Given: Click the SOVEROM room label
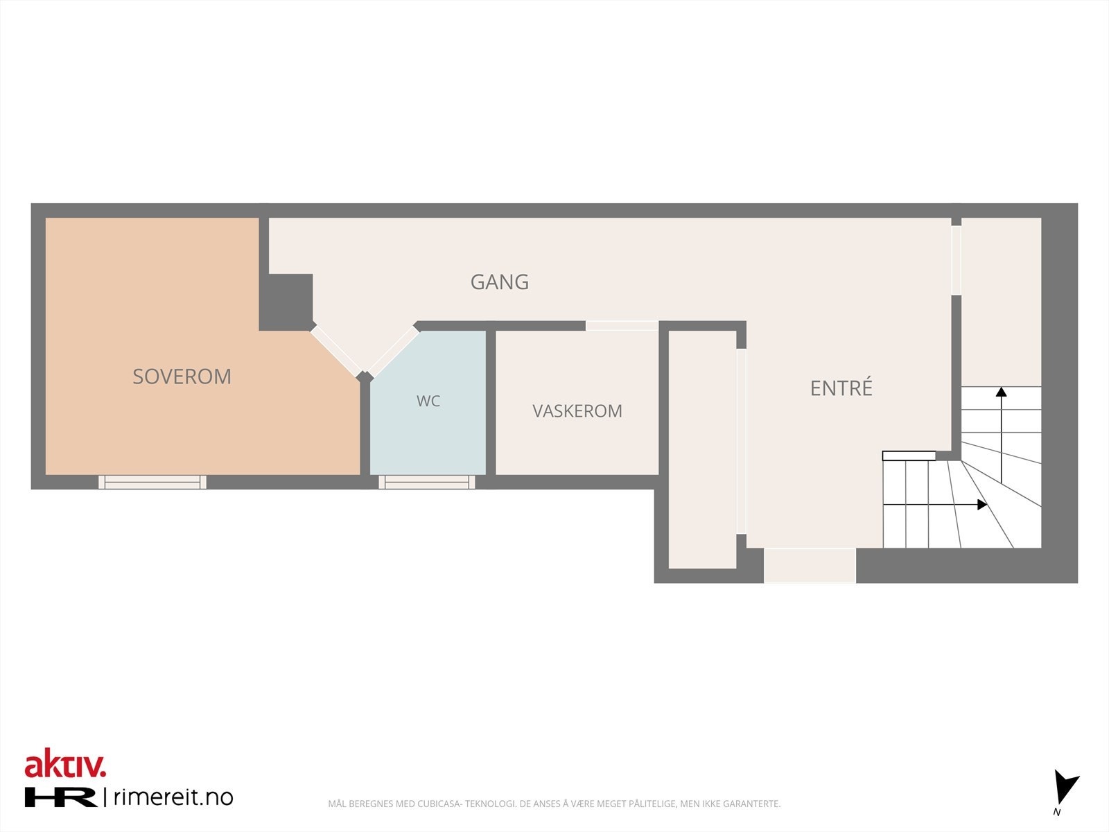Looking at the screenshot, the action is pos(182,376).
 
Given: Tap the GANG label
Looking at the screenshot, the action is pos(500,282).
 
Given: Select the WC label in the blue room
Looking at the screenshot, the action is pos(428,401).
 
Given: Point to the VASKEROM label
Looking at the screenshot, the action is pos(577,410).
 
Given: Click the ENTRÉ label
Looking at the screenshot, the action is pos(841,387).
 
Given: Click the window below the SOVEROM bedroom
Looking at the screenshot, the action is pos(152,482).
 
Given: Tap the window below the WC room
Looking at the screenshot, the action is pos(427,482).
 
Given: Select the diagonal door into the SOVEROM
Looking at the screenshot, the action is pos(335,351).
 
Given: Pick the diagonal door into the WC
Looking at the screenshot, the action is pos(393,351).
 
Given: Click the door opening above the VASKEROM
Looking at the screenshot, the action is pos(622,325).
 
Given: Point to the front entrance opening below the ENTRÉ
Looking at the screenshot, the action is pos(810,565).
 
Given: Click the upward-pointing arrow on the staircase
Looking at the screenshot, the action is pos(1001,435).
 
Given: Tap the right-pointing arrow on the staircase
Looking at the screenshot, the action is pos(935,504).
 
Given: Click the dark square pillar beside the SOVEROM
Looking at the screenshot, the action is pos(286,302).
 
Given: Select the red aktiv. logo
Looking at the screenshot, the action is pos(65,764).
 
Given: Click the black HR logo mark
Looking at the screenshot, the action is pos(60,797).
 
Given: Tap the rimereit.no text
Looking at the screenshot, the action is pos(173,797).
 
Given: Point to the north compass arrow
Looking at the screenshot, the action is pos(1065,787).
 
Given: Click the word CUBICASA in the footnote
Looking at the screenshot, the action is pos(439,804).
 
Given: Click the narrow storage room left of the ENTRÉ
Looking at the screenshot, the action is pos(702,449).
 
